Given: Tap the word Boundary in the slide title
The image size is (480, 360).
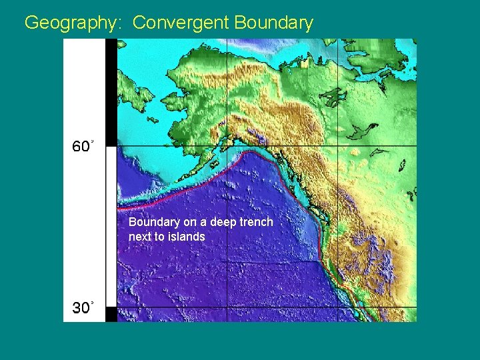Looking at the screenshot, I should (x=273, y=23).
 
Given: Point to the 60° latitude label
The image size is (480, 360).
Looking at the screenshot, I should (x=82, y=147).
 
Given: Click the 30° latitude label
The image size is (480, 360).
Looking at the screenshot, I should (x=82, y=308).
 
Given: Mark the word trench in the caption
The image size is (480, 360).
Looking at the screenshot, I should (x=257, y=222).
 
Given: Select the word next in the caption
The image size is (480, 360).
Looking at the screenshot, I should (x=139, y=237).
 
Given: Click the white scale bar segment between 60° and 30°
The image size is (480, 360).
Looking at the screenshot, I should (x=111, y=227).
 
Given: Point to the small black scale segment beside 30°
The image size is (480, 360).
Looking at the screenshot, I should (x=111, y=314).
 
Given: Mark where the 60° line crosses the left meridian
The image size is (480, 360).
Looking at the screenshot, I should (x=227, y=146).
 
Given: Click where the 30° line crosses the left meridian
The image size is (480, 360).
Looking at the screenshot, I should (x=227, y=307).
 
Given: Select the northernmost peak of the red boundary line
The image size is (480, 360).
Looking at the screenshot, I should (x=249, y=153).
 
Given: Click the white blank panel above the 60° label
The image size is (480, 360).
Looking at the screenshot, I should (x=84, y=87).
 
